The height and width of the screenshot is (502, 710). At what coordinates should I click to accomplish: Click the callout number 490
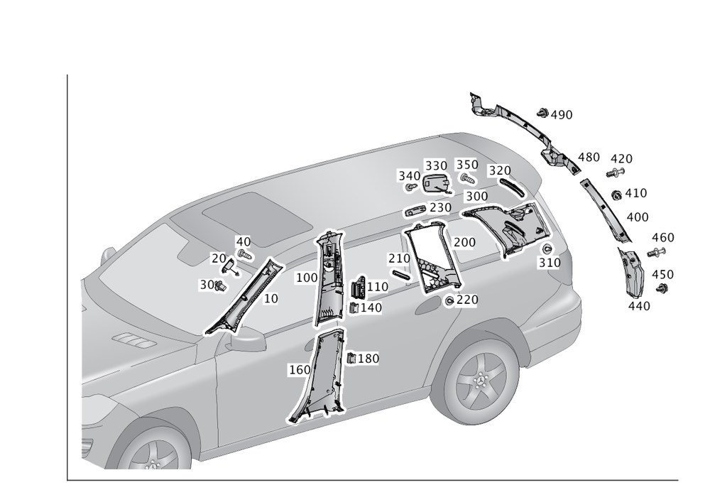click(562, 115)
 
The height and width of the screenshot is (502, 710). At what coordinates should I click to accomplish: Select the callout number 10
click(271, 299)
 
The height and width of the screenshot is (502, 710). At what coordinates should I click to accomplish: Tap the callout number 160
click(300, 370)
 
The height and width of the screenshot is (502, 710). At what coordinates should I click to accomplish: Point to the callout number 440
click(639, 307)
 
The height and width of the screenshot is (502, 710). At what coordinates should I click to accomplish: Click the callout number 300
click(477, 197)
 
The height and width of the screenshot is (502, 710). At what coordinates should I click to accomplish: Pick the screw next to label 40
click(245, 255)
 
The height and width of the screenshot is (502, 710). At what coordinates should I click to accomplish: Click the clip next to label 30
click(221, 285)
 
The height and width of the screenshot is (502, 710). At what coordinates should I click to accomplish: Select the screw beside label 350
click(468, 179)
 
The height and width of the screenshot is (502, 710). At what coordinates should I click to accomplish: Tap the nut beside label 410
click(616, 195)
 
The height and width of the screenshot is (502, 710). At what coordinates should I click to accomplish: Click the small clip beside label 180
click(351, 358)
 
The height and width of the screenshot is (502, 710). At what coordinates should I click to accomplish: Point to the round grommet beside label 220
click(449, 300)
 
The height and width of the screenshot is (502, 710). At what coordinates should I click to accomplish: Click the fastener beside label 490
click(542, 113)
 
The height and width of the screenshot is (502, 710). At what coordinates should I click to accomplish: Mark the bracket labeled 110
click(359, 288)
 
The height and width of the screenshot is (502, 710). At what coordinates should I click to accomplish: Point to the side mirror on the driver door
click(246, 339)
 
